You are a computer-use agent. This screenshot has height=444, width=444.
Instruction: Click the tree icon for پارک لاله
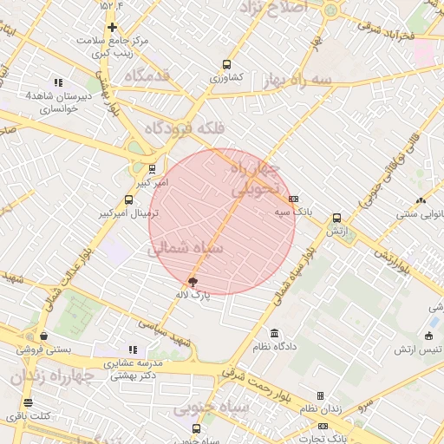click(193, 282)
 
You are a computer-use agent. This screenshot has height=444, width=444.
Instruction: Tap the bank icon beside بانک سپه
click(293, 199)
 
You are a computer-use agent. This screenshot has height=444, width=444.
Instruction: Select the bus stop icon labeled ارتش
click(336, 219)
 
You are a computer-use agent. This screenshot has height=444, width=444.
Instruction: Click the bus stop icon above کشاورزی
click(226, 64)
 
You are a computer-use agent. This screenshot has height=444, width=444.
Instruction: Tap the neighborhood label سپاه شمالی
click(186, 248)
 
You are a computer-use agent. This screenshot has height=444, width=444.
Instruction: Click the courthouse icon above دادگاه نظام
click(275, 334)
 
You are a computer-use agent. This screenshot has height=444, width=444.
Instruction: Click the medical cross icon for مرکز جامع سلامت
click(111, 27)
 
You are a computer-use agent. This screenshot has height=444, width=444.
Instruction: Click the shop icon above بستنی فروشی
click(43, 336)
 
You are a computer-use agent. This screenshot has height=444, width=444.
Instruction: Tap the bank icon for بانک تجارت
click(323, 426)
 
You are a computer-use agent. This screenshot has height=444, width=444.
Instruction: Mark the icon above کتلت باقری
click(28, 402)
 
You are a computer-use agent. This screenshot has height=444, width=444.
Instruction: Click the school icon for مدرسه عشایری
click(132, 349)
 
